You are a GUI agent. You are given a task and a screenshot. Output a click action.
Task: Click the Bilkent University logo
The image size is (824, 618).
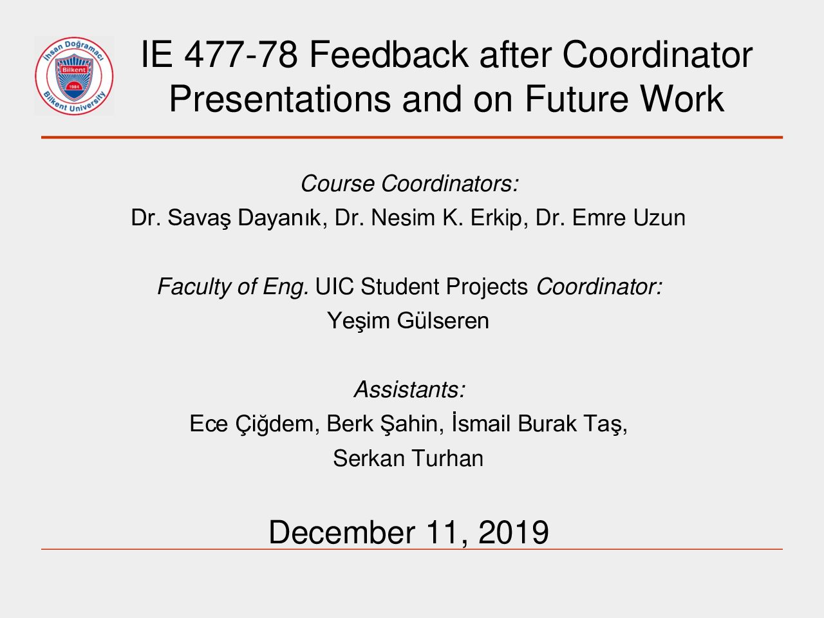pos(74,76)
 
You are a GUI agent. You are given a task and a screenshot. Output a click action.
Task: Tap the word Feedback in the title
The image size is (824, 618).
pos(389,55)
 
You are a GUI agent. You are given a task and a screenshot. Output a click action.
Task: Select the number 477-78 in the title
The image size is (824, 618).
pos(241,55)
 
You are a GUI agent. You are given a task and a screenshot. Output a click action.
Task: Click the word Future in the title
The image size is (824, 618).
pos(577,98)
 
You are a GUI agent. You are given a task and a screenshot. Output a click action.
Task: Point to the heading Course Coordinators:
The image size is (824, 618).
pos(409,183)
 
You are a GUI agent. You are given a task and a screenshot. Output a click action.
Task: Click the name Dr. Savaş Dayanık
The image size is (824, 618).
pos(229,218)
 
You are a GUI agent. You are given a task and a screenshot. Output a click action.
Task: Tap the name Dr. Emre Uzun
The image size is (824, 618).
pos(610,218)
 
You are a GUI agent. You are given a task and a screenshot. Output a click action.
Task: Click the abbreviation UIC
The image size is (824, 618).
pos(334,286)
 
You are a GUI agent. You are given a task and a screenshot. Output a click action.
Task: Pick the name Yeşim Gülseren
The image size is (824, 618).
pos(408,321)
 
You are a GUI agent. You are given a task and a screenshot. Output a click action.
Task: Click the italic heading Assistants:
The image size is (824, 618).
pos(409,389)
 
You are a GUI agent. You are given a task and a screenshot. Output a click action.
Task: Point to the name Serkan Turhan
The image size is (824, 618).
pos(408,458)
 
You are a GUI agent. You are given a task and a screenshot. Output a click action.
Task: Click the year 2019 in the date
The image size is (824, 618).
pos(513,532)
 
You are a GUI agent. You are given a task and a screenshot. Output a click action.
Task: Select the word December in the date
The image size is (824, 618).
pos(342,532)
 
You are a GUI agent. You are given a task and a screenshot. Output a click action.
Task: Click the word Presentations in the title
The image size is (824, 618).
pos(280,99)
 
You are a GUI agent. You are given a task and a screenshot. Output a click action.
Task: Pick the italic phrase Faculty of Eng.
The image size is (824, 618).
pos(233,287)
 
